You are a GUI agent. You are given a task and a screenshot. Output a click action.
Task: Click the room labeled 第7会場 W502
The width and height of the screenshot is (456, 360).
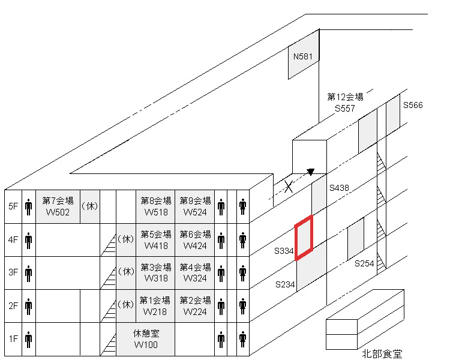pyautogui.click(x=58, y=206)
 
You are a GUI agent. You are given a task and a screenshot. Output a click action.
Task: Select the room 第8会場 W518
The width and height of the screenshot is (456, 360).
pyautogui.click(x=155, y=206)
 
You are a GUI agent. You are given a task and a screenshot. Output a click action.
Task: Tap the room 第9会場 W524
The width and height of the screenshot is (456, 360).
pyautogui.click(x=195, y=206)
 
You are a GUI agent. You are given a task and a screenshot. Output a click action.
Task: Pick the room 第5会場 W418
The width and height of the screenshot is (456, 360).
pyautogui.click(x=155, y=239)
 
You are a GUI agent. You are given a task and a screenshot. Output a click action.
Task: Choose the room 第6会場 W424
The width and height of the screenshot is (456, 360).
pyautogui.click(x=195, y=239)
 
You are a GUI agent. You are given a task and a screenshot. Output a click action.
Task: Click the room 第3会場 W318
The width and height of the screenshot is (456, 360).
pyautogui.click(x=155, y=272)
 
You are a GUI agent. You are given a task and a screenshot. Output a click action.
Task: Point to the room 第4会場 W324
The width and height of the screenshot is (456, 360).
pyautogui.click(x=195, y=272)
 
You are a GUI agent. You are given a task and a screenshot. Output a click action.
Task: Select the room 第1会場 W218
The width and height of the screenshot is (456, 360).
pyautogui.click(x=155, y=306)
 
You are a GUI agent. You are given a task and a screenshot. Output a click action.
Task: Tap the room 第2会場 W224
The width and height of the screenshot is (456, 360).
pyautogui.click(x=195, y=306)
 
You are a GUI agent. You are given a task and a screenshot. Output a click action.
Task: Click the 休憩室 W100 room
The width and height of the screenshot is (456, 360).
pyautogui.click(x=146, y=339)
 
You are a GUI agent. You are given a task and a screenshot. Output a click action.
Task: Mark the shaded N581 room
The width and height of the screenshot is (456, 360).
pyautogui.click(x=303, y=57)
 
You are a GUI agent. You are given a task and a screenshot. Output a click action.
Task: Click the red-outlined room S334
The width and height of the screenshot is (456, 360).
pyautogui.click(x=304, y=237)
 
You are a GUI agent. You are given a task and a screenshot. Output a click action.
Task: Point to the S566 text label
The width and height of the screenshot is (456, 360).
pyautogui.click(x=413, y=105)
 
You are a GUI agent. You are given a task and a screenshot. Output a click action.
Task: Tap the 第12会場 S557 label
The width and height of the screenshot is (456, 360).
pyautogui.click(x=345, y=102)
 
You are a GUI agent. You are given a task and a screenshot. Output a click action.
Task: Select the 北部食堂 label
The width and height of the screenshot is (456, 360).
pyautogui.click(x=382, y=353)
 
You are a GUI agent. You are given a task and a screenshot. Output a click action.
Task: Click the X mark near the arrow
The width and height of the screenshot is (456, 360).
pyautogui.click(x=289, y=187)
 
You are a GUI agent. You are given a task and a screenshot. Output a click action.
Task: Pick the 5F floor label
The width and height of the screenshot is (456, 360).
pyautogui.click(x=13, y=206)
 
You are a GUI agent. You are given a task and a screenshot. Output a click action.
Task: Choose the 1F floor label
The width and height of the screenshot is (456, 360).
pyautogui.click(x=13, y=339)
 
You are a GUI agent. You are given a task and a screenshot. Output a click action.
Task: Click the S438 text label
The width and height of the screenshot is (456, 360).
pyautogui.click(x=339, y=188)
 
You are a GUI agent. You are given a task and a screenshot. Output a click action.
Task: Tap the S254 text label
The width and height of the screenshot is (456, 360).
pyautogui.click(x=364, y=263)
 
